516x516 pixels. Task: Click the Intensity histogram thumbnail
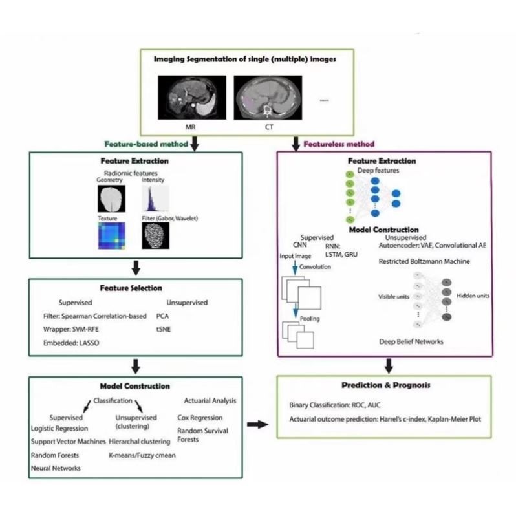[x=155, y=199]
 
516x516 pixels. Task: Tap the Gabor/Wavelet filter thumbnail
[x=155, y=237]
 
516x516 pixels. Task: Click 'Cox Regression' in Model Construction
[x=200, y=417]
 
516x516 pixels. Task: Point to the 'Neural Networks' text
[x=56, y=468]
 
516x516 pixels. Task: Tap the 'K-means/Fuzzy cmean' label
[x=142, y=455]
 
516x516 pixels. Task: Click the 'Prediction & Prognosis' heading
[x=387, y=385]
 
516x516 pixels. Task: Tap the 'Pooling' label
[x=310, y=319]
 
